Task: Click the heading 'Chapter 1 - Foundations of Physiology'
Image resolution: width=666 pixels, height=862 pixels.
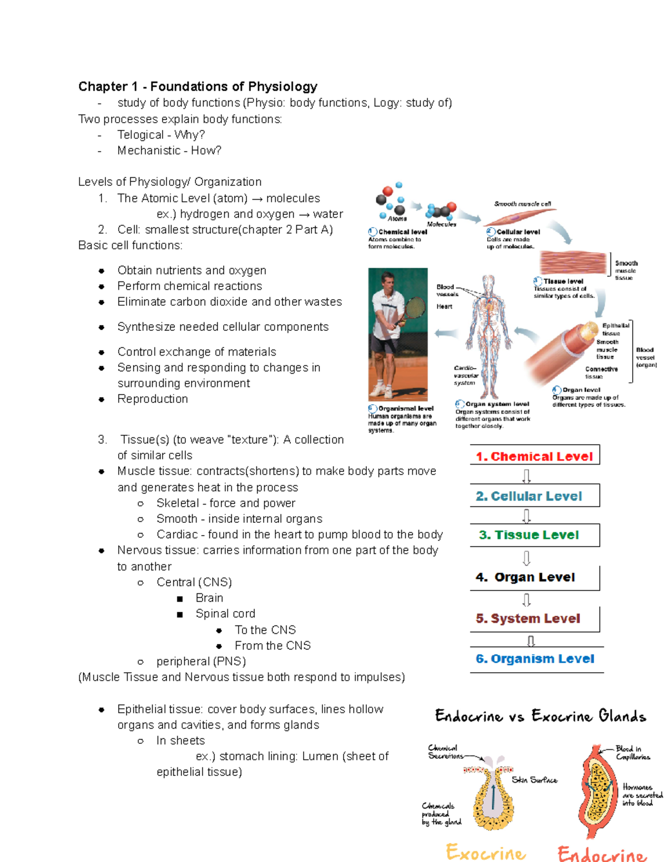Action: (198, 87)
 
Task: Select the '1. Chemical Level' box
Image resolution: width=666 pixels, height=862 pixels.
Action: (534, 456)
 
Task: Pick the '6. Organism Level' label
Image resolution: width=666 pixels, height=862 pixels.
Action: (535, 659)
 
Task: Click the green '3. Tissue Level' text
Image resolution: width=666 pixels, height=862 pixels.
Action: (529, 535)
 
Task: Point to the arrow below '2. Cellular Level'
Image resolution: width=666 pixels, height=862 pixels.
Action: (527, 516)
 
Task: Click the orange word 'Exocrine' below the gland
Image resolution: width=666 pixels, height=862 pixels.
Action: (486, 852)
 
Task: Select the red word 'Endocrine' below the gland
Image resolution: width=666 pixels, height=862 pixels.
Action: (602, 854)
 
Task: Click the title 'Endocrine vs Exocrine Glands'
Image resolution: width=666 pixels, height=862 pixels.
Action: (541, 716)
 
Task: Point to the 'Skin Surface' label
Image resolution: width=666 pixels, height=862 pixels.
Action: (534, 780)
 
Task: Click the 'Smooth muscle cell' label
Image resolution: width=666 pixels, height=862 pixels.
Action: (522, 204)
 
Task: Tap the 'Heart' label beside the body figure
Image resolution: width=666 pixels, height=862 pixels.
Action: (444, 306)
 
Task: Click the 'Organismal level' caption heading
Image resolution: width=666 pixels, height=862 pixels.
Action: (406, 409)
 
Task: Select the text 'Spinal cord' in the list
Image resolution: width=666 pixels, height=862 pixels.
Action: (225, 614)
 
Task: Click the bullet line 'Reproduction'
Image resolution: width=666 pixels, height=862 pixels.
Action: (153, 399)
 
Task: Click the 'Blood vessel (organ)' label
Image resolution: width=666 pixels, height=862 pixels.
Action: (645, 357)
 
